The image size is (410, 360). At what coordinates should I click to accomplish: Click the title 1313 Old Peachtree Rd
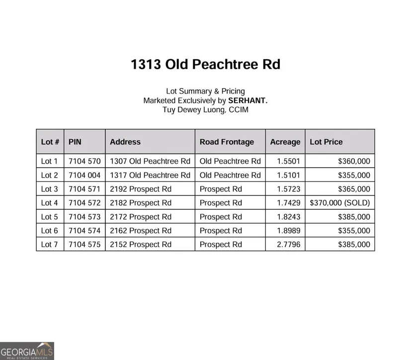click(205, 65)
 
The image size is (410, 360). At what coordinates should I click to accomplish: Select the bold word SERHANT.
click(247, 100)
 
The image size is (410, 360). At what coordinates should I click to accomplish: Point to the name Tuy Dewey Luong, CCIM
click(205, 109)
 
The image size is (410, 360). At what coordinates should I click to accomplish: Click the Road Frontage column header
click(227, 142)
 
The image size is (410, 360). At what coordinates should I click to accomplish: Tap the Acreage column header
click(285, 142)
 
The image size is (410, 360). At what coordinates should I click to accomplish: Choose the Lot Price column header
click(326, 142)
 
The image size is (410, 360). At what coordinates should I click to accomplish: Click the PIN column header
click(75, 142)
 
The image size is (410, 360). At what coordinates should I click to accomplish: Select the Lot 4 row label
click(50, 203)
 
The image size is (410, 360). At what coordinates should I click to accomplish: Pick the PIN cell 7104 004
click(84, 175)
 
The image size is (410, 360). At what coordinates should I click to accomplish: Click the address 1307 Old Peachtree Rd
click(150, 161)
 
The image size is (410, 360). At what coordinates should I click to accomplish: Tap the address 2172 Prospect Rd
click(141, 217)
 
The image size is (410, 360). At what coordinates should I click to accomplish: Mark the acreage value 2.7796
click(288, 245)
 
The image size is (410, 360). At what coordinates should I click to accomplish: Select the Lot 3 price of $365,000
click(354, 189)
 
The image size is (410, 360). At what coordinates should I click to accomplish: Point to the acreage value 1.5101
click(288, 175)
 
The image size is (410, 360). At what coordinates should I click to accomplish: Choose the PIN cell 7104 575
click(84, 245)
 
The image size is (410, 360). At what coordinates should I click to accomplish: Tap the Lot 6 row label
click(50, 231)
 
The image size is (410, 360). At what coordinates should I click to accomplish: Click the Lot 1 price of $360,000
click(354, 161)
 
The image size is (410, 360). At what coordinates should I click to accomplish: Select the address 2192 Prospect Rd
click(141, 189)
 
